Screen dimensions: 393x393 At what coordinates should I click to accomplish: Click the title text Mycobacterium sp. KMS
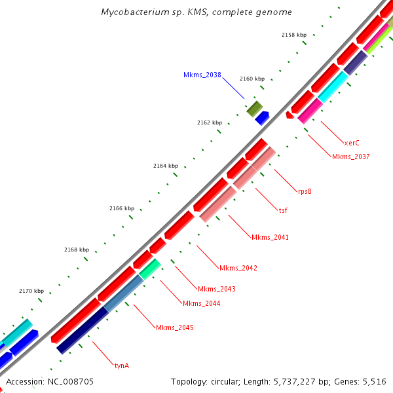pos(196,12)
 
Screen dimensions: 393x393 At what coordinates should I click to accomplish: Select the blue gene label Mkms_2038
pos(202,75)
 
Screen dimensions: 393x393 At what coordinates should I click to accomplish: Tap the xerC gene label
pos(352,142)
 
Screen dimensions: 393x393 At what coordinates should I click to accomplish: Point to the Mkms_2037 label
pos(351,157)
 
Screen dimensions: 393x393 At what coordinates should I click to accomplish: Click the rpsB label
pos(305,191)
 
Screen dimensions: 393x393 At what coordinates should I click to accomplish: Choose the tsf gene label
pos(283,210)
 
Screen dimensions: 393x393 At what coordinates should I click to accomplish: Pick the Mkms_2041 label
pos(270,237)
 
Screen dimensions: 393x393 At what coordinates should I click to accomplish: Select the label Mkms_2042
pos(238,268)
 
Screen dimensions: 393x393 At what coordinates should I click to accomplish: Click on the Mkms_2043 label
pos(217,289)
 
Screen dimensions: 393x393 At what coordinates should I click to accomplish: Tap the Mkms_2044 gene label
pos(202,303)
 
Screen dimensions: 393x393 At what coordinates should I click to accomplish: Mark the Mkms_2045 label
pos(175,327)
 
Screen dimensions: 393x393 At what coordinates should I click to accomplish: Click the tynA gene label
pos(122,365)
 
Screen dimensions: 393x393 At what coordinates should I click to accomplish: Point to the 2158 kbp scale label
pos(294,35)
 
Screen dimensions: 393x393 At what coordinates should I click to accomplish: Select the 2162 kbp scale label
pos(210,122)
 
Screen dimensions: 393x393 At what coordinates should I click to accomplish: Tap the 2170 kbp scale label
pos(31,291)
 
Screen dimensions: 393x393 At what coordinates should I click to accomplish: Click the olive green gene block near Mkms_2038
pos(254,109)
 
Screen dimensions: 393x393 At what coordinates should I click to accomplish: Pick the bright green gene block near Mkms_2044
pos(150,269)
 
